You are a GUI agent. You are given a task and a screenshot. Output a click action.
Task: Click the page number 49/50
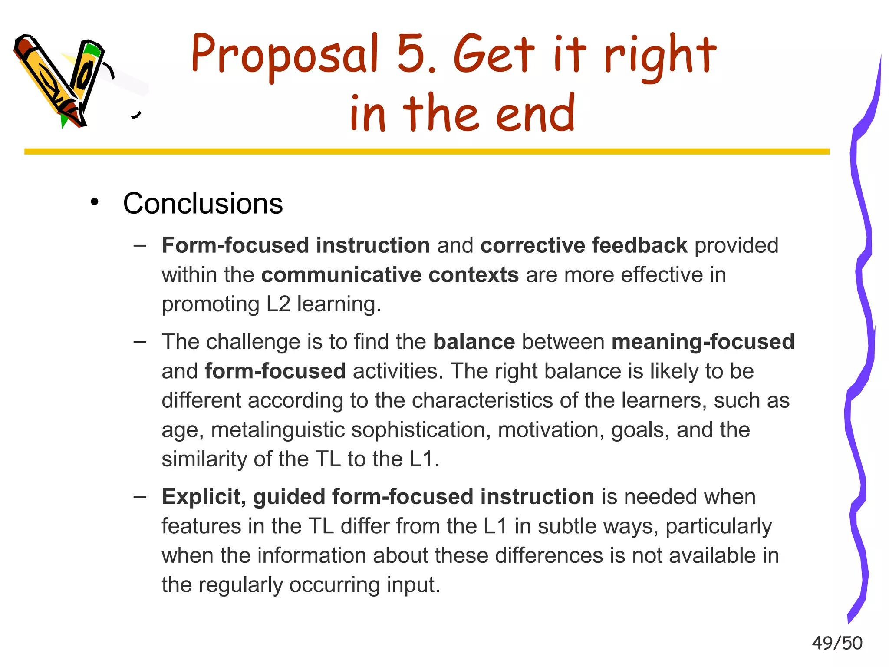click(837, 643)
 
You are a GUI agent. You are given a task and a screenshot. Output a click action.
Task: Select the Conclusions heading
click(203, 203)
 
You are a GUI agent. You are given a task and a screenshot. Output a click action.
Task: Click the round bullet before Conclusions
click(95, 202)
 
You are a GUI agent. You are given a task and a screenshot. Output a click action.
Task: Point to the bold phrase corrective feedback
click(584, 245)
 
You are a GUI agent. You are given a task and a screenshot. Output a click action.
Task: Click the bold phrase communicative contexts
click(390, 275)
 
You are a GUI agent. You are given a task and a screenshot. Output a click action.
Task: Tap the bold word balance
click(474, 342)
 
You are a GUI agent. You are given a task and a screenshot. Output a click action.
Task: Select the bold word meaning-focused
click(703, 342)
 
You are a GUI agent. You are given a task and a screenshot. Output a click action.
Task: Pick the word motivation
click(551, 430)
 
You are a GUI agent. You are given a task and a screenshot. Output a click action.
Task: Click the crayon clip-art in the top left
click(61, 80)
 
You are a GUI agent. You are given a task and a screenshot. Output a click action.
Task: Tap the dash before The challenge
click(140, 342)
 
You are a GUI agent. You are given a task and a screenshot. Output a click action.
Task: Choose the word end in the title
click(535, 114)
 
